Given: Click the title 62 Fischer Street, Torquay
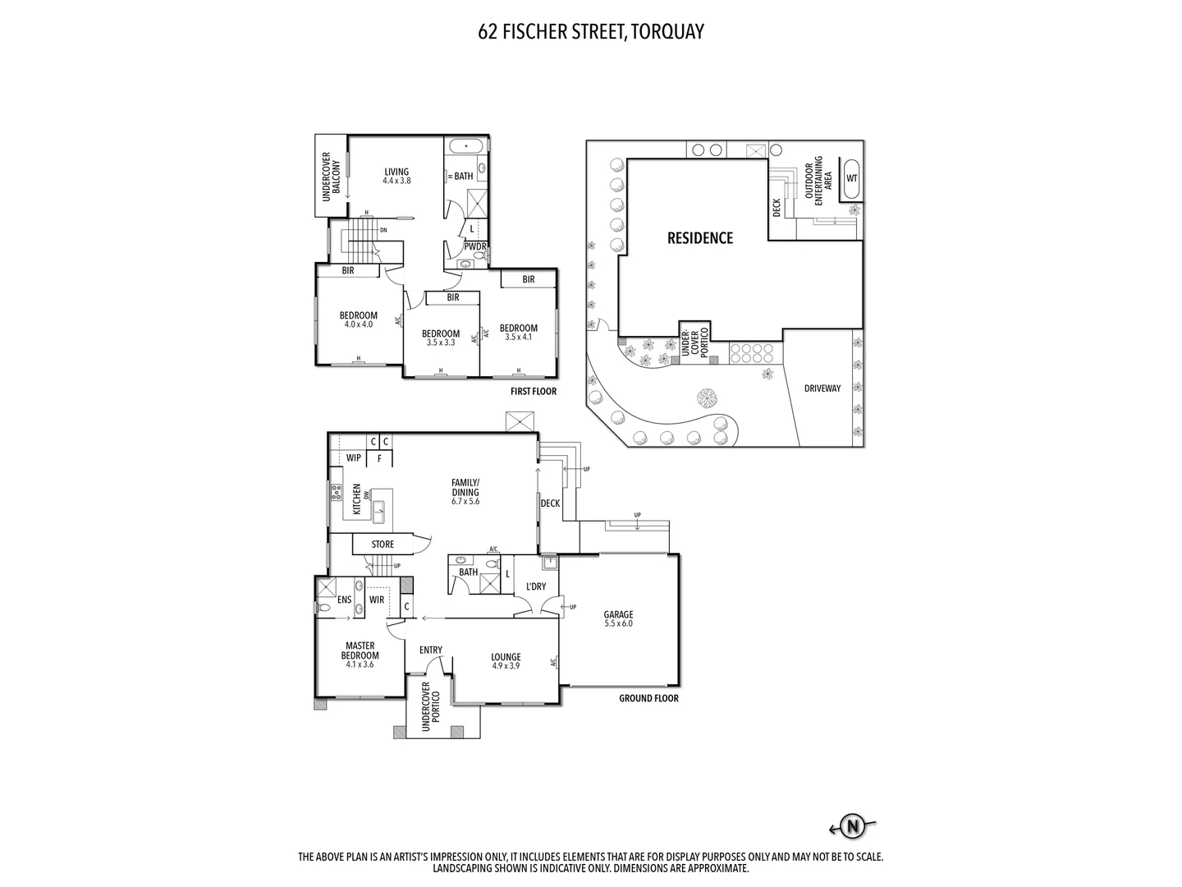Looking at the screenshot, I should pyautogui.click(x=591, y=31).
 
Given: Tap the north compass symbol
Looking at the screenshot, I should pyautogui.click(x=854, y=825).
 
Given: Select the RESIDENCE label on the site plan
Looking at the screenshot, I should pyautogui.click(x=699, y=238).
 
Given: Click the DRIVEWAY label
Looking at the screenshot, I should pyautogui.click(x=822, y=388).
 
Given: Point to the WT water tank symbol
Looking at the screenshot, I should pyautogui.click(x=851, y=178).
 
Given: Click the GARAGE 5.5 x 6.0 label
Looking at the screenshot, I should pyautogui.click(x=618, y=618).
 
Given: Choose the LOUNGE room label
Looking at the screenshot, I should pyautogui.click(x=506, y=661).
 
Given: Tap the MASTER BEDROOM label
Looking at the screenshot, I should pyautogui.click(x=360, y=655).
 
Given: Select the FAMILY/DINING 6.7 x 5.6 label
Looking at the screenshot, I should pyautogui.click(x=465, y=492).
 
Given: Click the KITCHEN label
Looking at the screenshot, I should pyautogui.click(x=356, y=499).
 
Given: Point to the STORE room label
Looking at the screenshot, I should pyautogui.click(x=383, y=545).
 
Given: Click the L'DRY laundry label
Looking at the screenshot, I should pyautogui.click(x=535, y=586).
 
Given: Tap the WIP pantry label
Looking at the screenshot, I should pyautogui.click(x=354, y=457).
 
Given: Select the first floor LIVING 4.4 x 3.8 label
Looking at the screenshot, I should pyautogui.click(x=396, y=176).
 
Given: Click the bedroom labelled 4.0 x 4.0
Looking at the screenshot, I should pyautogui.click(x=359, y=319).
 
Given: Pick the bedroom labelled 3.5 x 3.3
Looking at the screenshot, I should pyautogui.click(x=441, y=338).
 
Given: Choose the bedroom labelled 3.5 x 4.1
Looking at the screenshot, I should pyautogui.click(x=518, y=332).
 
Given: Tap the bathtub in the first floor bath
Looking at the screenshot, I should pyautogui.click(x=466, y=146).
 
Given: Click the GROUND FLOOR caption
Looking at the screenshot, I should pyautogui.click(x=648, y=699).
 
